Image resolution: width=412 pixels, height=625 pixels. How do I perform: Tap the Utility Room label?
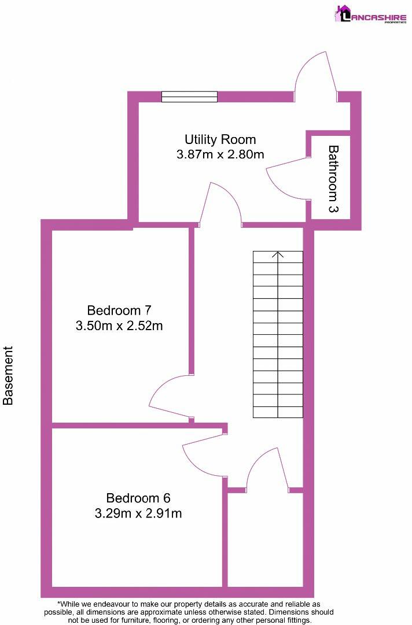coord(220,139)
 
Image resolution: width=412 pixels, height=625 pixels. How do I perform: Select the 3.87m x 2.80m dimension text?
coord(220,154)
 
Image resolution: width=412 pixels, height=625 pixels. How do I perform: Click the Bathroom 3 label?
coord(333,179)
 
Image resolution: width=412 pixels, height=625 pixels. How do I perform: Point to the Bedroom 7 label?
coord(119,310)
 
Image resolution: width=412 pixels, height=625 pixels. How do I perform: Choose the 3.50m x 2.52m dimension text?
coord(119,326)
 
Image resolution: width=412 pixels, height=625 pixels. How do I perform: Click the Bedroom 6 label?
coord(138,498)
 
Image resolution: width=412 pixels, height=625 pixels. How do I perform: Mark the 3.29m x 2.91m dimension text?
coord(138,513)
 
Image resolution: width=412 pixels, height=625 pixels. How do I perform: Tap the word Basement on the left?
coord(9,375)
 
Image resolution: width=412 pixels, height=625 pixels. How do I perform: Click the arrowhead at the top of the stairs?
coord(278,254)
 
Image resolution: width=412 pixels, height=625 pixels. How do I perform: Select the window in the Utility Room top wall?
coord(189,97)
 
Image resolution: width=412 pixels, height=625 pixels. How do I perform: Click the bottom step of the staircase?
coord(278,412)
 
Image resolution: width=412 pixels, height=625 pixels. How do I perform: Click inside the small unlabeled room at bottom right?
coord(265,538)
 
